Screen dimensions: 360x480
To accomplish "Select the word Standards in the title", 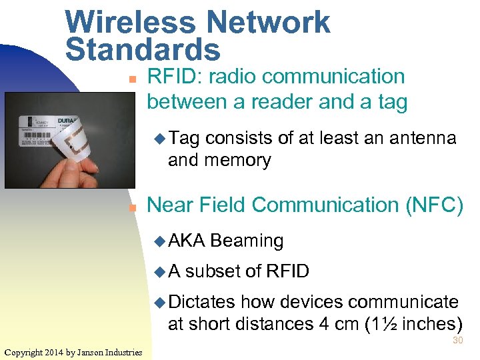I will [x=143, y=49].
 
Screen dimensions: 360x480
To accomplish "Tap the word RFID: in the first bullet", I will [x=175, y=77].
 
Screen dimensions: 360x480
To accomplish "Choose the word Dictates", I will [x=203, y=302].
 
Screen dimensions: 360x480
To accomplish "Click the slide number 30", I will [x=458, y=341].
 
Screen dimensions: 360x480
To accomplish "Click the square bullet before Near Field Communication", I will [x=132, y=208].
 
